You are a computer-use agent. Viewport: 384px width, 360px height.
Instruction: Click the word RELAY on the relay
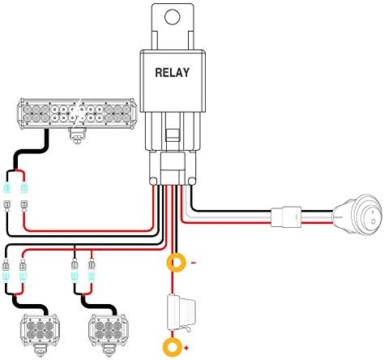(x=173, y=72)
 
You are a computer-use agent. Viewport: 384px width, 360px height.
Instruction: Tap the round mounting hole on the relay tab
(x=173, y=17)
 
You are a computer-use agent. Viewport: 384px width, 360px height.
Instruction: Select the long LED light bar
(x=77, y=114)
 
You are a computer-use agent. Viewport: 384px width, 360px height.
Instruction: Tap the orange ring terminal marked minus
(x=177, y=263)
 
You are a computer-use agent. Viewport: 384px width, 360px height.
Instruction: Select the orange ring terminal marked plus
(x=172, y=347)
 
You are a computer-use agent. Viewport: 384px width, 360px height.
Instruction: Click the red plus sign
(x=186, y=348)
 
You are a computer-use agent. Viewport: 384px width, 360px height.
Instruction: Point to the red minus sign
(x=194, y=263)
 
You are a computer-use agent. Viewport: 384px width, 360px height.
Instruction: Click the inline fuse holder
(x=181, y=312)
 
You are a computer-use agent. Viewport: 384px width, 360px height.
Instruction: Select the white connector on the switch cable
(x=286, y=216)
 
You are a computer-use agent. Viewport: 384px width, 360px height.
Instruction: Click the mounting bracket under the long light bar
(x=78, y=135)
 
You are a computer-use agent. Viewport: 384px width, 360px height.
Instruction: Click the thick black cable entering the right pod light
(x=99, y=306)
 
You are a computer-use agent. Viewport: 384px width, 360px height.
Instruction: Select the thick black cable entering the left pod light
(x=30, y=306)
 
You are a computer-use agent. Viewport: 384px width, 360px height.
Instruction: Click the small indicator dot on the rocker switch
(x=373, y=221)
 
